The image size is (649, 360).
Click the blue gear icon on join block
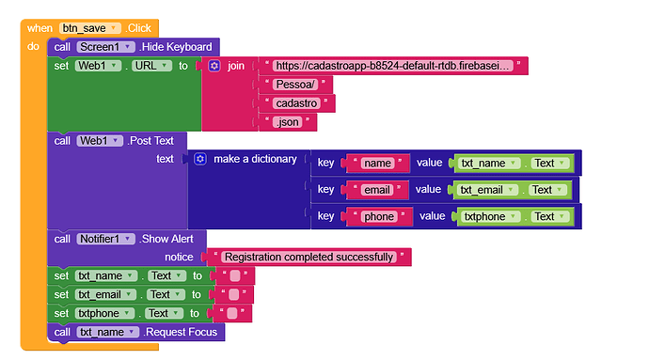(x=214, y=66)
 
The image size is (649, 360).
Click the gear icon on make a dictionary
(x=199, y=159)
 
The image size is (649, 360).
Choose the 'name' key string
(x=376, y=164)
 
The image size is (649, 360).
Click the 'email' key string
(x=376, y=190)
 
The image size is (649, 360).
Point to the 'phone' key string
(x=378, y=216)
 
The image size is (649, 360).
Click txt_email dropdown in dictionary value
(x=488, y=190)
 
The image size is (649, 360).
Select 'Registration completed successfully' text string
(x=309, y=257)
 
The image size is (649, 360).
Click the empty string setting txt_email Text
(x=234, y=294)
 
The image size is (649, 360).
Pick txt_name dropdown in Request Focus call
(x=108, y=332)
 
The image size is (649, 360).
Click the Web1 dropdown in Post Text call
(x=101, y=140)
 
